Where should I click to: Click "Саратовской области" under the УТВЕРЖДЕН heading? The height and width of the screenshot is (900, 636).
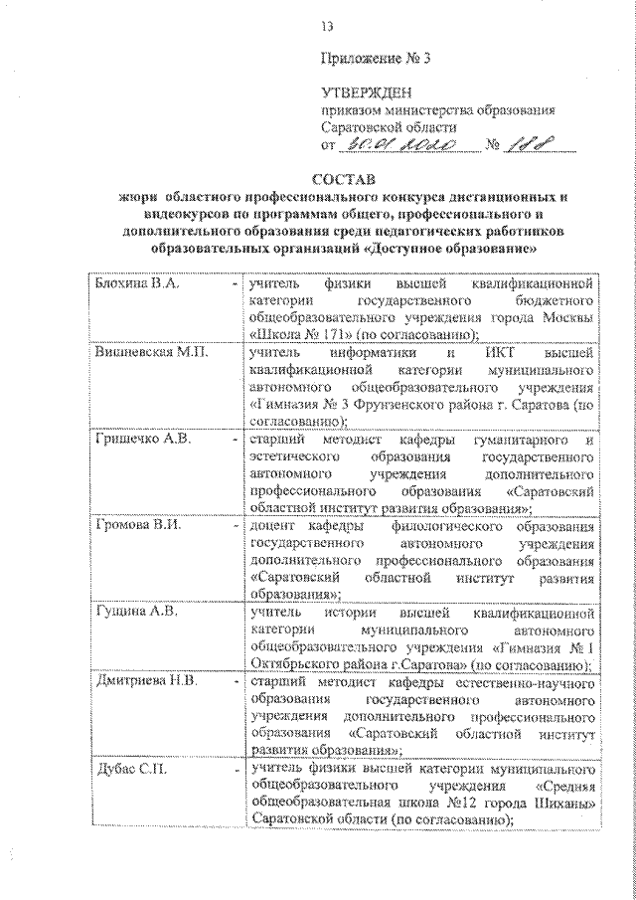click(390, 127)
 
